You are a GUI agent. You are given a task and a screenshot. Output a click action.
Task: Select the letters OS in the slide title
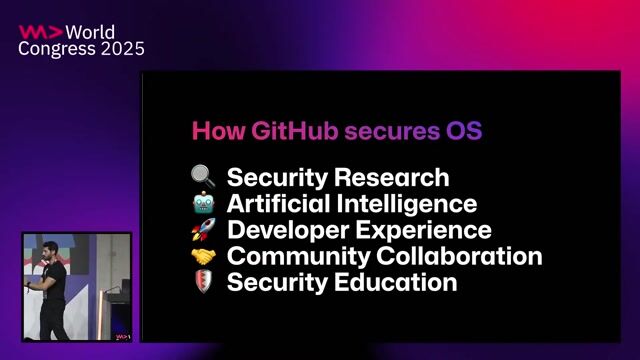click(463, 131)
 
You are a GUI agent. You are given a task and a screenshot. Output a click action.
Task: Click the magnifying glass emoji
click(204, 178)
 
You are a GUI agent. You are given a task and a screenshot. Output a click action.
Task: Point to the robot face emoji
click(204, 204)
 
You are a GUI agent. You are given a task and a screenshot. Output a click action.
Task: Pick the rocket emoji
click(204, 230)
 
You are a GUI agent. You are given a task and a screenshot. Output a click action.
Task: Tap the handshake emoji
click(204, 256)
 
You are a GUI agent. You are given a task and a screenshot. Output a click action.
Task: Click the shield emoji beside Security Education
click(204, 282)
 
